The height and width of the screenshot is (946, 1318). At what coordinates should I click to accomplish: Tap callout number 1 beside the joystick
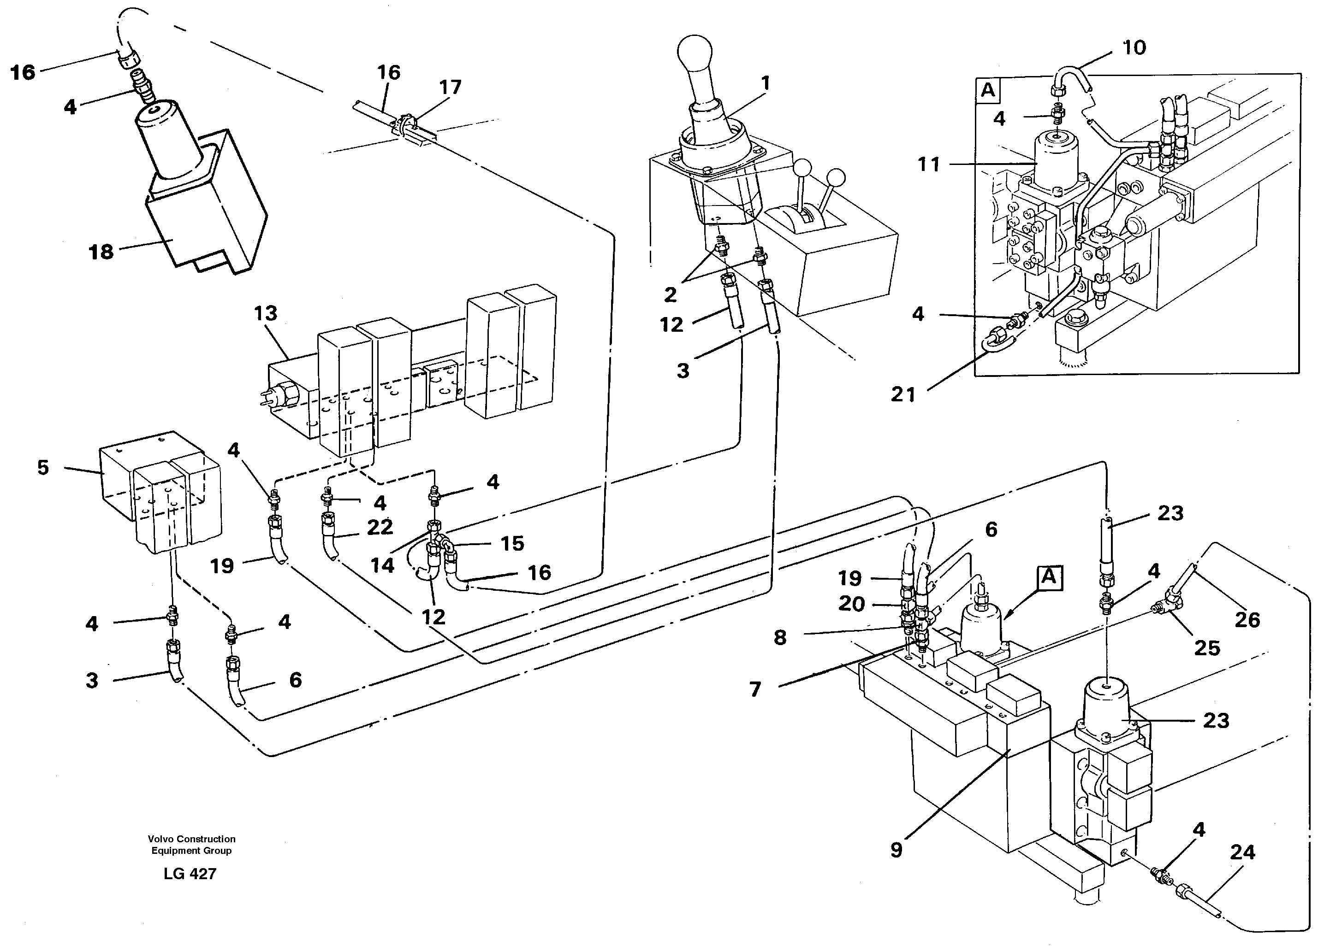point(766,83)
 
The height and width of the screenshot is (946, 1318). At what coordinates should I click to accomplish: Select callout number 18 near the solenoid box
point(101,252)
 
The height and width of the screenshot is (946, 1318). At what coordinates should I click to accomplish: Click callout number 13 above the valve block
point(265,314)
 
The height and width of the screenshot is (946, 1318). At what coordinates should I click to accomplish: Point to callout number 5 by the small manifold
point(43,468)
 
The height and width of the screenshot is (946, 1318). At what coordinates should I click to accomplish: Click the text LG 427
point(190,873)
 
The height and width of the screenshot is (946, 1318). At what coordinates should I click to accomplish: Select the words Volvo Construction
point(191,839)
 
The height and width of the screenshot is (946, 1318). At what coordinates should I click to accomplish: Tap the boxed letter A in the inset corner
point(987,91)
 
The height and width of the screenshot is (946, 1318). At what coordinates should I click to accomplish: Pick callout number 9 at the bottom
point(896,850)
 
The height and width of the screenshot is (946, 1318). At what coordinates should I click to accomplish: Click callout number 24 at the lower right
point(1242,852)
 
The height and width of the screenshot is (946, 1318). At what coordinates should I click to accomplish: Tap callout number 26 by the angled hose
point(1247,620)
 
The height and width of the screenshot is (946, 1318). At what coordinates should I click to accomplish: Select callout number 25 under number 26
point(1206,647)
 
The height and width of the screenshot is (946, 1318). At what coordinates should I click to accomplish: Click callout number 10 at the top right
point(1134,47)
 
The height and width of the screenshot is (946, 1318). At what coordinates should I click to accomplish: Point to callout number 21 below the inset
point(903,395)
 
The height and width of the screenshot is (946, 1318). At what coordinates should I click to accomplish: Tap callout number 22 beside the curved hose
point(380,527)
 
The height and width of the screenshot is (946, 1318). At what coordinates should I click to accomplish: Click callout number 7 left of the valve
point(755,689)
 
